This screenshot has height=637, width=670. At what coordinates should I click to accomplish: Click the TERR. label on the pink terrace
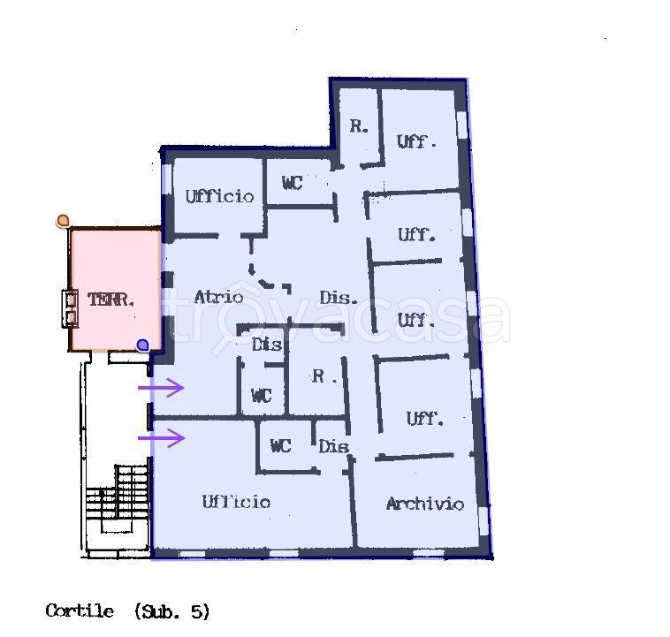(111, 300)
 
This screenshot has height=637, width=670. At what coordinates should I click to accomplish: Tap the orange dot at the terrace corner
(63, 220)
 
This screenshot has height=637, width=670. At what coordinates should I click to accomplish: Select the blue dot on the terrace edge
(142, 345)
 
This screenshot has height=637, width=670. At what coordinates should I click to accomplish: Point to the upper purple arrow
(161, 387)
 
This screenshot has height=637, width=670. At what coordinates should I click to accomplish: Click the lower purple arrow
(161, 437)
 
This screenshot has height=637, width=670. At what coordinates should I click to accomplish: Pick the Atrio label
(218, 297)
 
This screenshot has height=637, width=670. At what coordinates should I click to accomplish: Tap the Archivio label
(424, 504)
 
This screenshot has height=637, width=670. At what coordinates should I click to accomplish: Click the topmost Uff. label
(416, 141)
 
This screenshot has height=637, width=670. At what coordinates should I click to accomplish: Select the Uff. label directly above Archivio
(424, 419)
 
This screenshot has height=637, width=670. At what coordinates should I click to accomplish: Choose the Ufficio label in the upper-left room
(219, 196)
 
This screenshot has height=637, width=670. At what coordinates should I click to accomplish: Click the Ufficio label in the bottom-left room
(236, 502)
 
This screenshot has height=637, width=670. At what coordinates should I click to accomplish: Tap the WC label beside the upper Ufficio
(292, 183)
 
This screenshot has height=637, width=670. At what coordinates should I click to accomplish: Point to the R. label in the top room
(358, 126)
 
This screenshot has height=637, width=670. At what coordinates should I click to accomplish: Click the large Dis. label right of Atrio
(339, 298)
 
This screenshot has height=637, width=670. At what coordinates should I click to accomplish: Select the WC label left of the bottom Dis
(280, 446)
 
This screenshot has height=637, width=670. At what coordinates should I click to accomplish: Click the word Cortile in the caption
(80, 610)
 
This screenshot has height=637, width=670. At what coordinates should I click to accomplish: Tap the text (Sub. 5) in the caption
(172, 610)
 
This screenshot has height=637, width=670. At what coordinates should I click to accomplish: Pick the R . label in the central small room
(324, 376)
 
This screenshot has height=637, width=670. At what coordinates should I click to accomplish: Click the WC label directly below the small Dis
(261, 396)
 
